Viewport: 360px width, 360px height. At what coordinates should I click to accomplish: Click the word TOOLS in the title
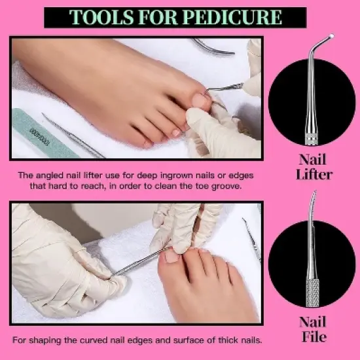point(98,17)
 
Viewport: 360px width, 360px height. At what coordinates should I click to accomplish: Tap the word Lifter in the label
point(315,175)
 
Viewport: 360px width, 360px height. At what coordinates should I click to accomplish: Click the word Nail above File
point(312,321)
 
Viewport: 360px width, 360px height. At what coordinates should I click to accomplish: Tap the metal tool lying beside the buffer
point(72,135)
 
